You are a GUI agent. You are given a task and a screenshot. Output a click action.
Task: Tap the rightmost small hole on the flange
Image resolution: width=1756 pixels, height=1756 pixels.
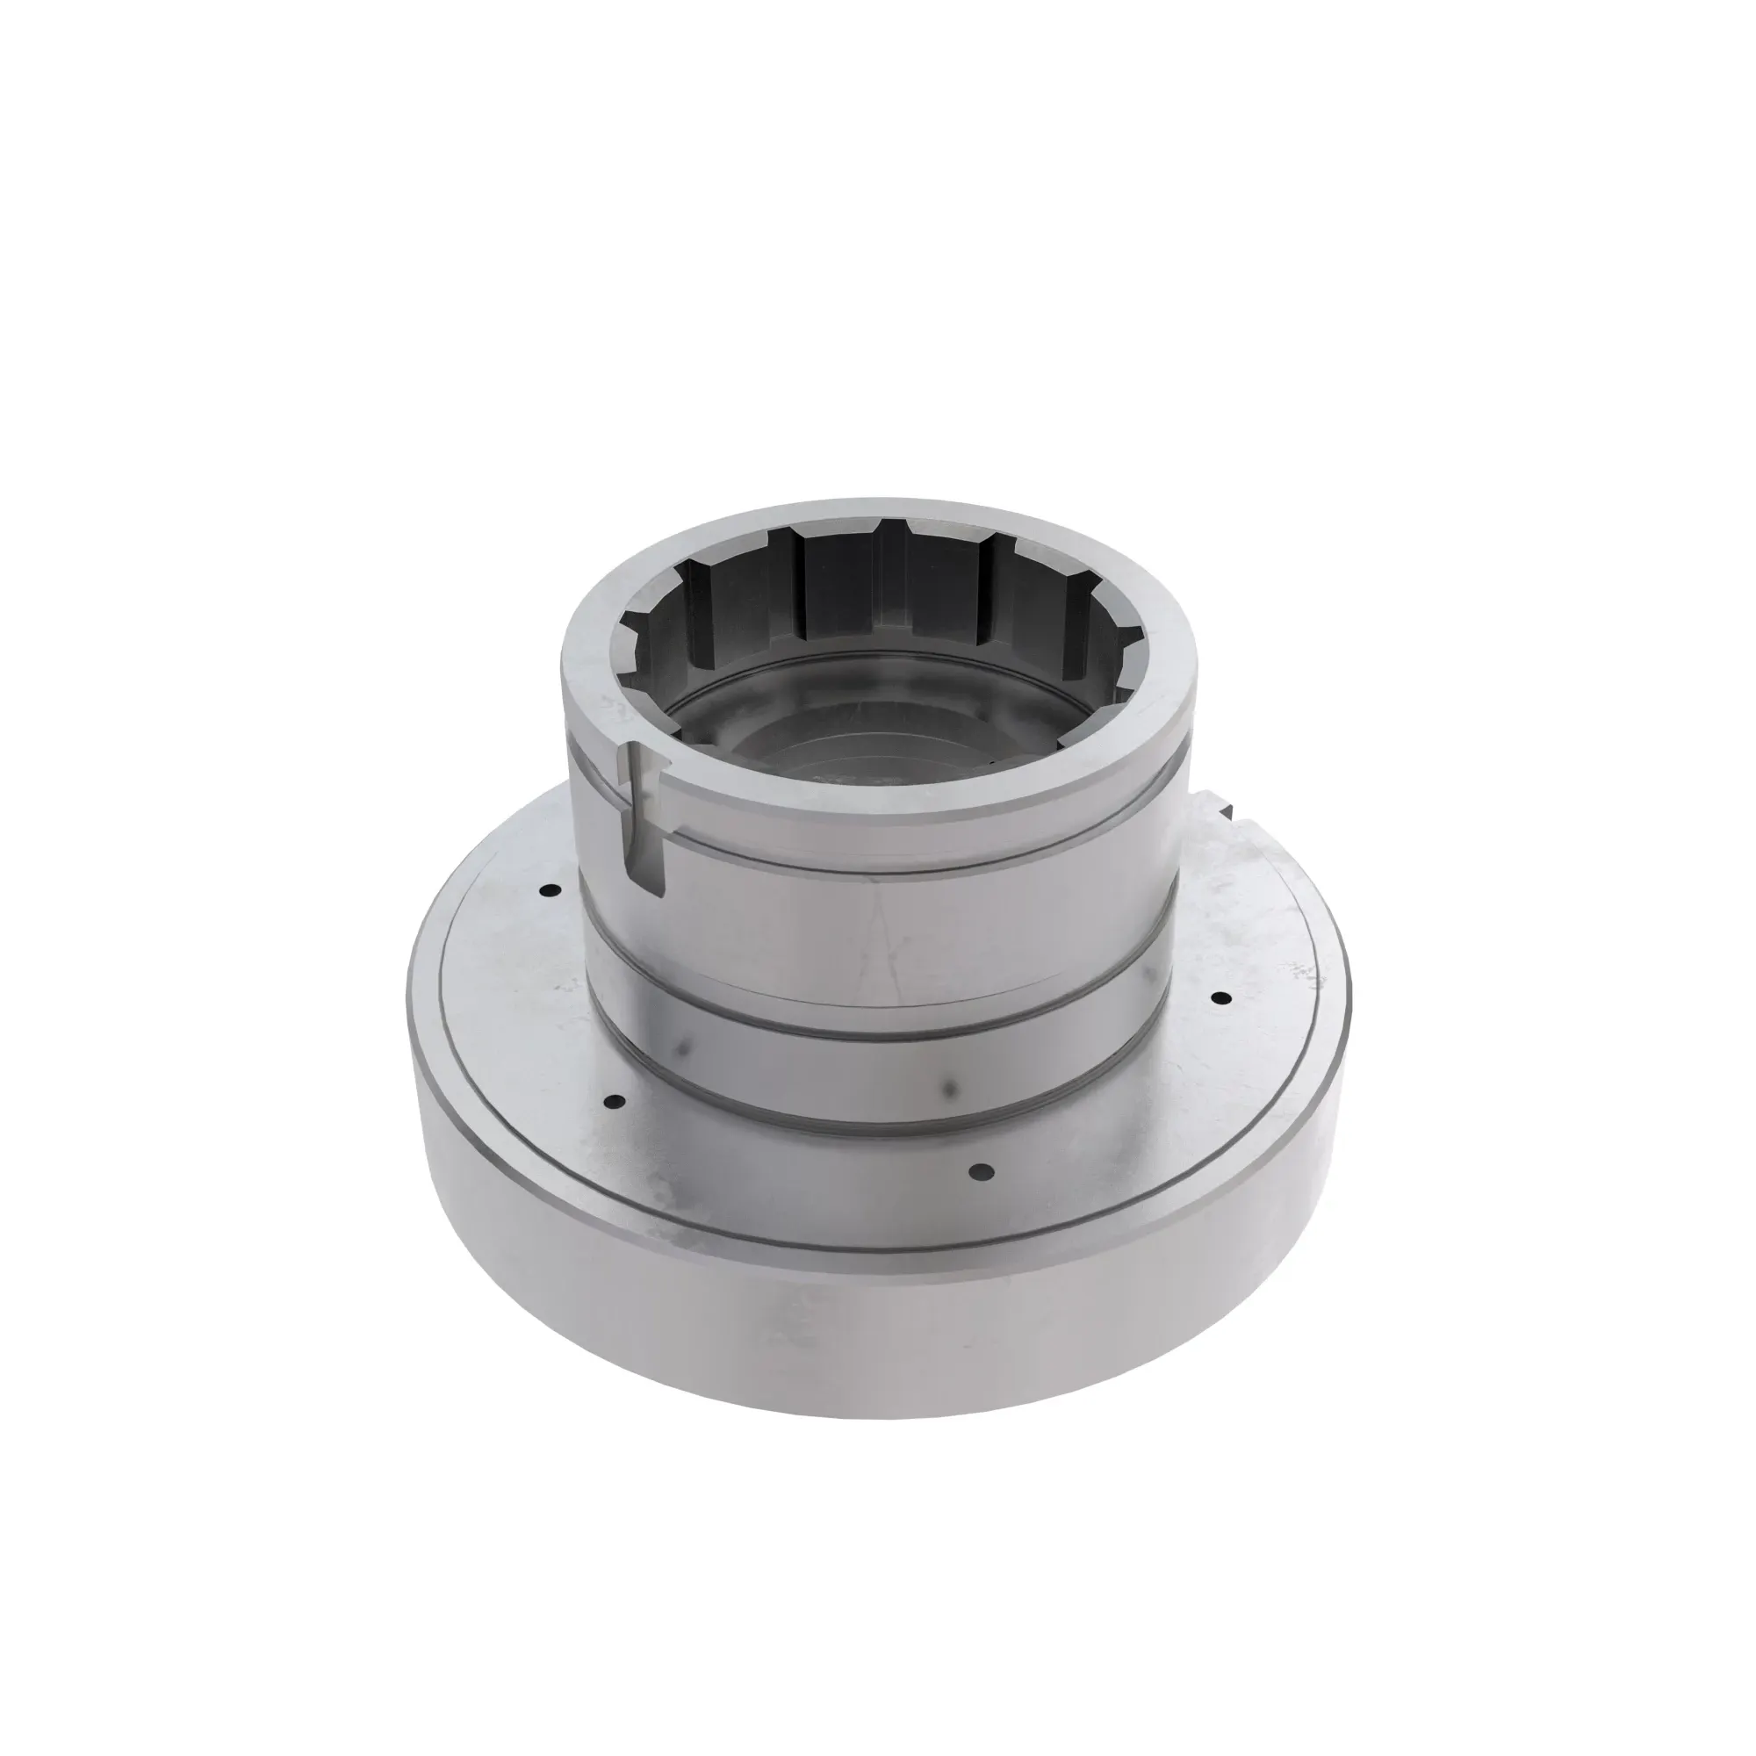(x=1220, y=997)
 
